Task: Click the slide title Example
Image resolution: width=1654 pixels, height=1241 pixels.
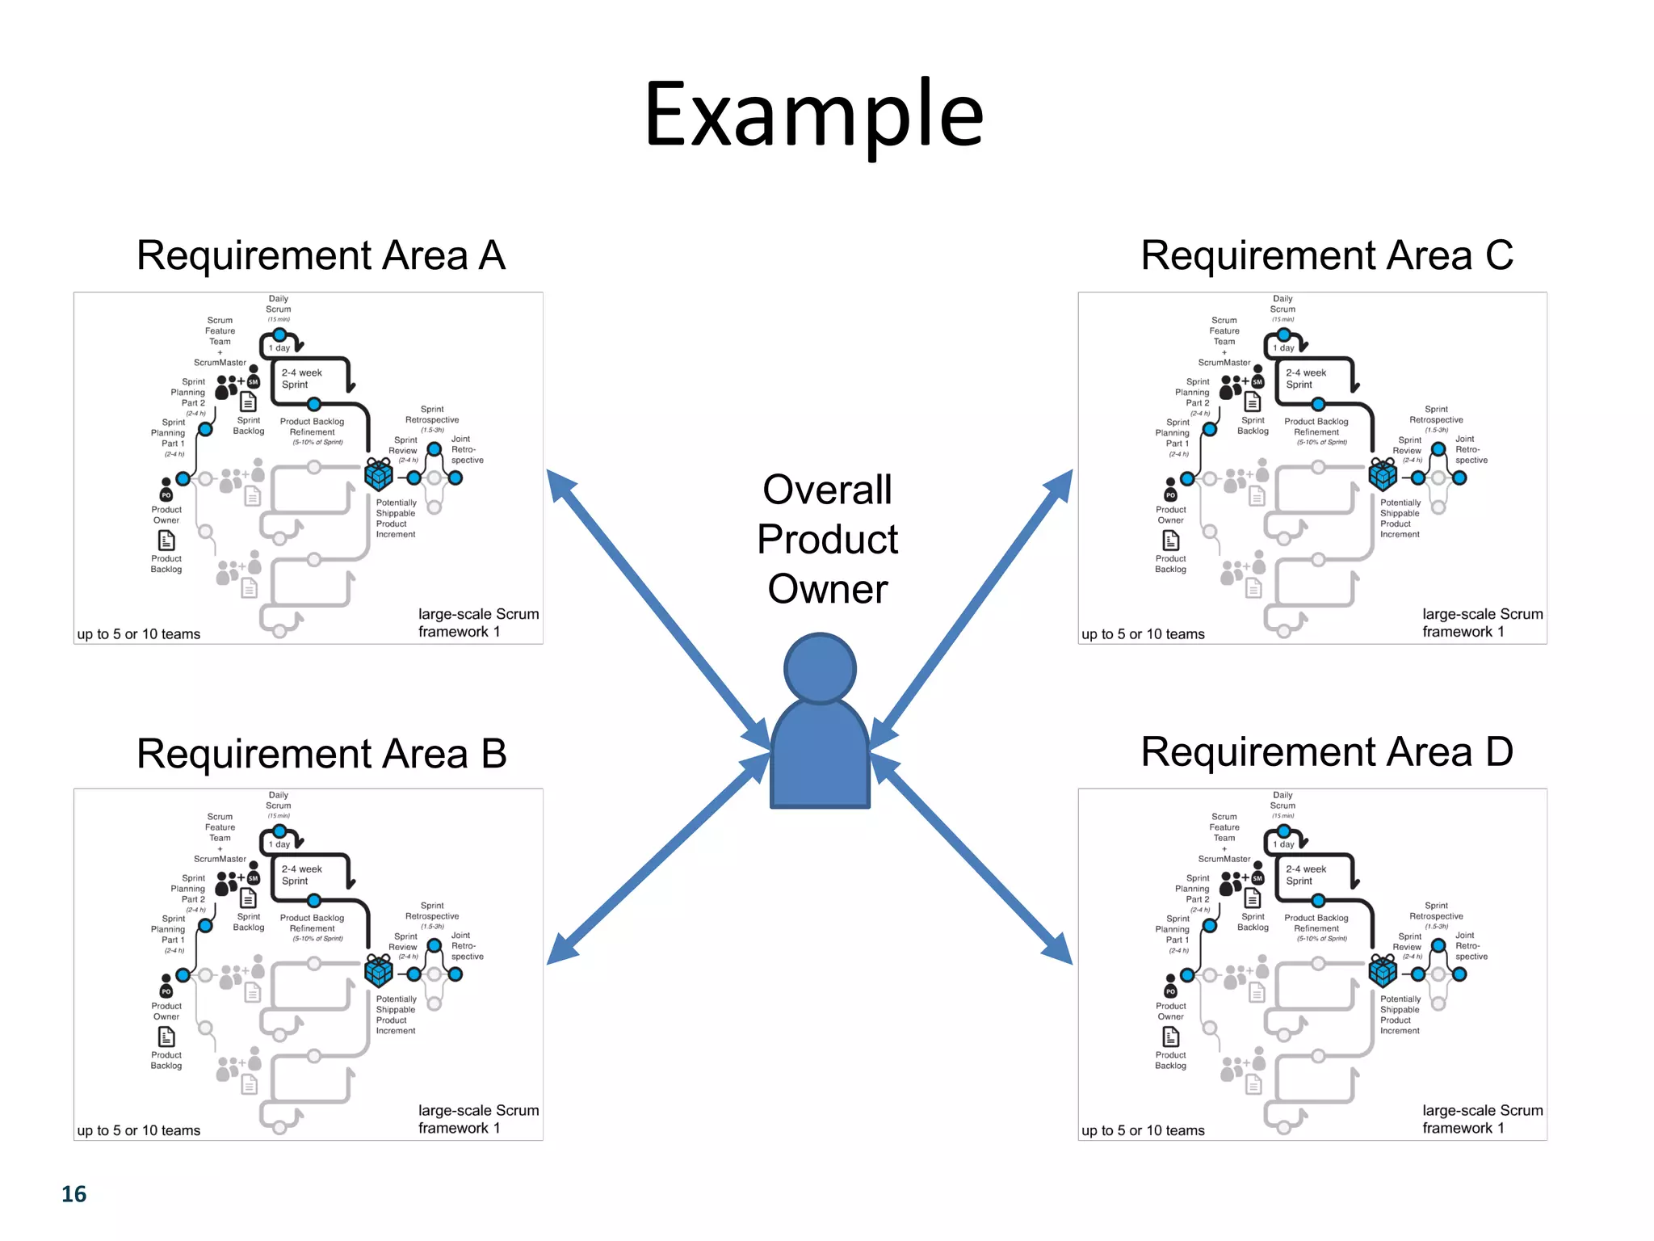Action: pyautogui.click(x=813, y=115)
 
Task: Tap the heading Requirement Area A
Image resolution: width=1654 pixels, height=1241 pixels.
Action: pyautogui.click(x=321, y=256)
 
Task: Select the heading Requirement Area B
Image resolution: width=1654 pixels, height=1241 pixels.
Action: pyautogui.click(x=321, y=754)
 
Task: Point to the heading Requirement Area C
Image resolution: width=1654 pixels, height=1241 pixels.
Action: pyautogui.click(x=1326, y=256)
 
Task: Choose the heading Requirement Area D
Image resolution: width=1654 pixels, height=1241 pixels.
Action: pyautogui.click(x=1326, y=752)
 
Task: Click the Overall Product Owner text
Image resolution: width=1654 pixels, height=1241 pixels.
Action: pyautogui.click(x=827, y=539)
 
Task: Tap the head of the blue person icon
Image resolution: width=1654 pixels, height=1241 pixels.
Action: pyautogui.click(x=819, y=669)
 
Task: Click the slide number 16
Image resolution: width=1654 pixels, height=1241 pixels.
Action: pyautogui.click(x=73, y=1194)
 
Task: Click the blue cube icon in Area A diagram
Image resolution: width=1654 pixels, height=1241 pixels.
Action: pyautogui.click(x=379, y=475)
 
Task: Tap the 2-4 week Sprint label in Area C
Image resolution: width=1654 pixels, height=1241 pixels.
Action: pyautogui.click(x=1306, y=378)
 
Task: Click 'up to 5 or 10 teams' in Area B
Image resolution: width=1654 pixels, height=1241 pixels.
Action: pyautogui.click(x=139, y=1130)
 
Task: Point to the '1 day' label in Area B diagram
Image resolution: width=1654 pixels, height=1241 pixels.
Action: pyautogui.click(x=279, y=844)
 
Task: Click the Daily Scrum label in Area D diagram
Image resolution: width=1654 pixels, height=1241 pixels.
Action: pyautogui.click(x=1282, y=800)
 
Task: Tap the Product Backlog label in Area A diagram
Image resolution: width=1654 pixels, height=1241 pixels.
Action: pyautogui.click(x=166, y=563)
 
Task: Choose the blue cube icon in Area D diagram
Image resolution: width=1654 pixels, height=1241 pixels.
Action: pyautogui.click(x=1383, y=971)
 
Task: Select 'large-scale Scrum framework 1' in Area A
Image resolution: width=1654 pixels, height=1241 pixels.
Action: pyautogui.click(x=477, y=623)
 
